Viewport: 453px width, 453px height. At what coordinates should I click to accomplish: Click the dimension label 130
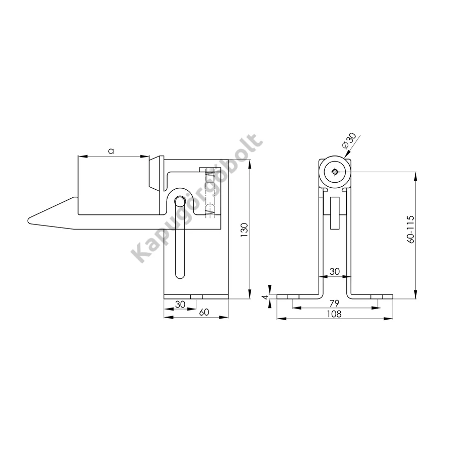[245, 230]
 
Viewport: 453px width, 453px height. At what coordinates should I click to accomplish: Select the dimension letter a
[111, 150]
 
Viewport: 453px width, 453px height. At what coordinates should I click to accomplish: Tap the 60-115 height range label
[411, 230]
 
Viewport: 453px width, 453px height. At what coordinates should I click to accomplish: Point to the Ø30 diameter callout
[349, 141]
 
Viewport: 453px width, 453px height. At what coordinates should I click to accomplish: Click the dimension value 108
[334, 314]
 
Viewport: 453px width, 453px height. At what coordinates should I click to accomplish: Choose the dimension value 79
[334, 304]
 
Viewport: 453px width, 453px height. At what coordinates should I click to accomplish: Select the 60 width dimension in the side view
[204, 312]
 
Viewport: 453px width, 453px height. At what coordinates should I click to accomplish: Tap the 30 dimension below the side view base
[180, 304]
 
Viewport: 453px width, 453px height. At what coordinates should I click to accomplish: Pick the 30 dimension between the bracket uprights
[335, 271]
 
